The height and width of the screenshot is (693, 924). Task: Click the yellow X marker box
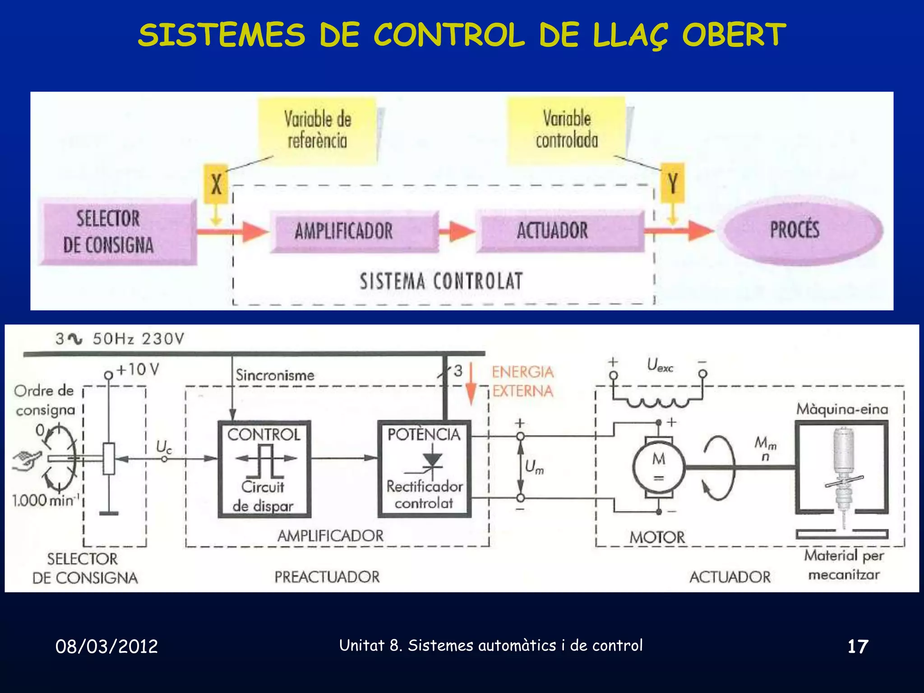216,184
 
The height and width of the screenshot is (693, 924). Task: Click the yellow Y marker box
672,183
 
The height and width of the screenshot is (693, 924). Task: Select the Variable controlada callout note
567,130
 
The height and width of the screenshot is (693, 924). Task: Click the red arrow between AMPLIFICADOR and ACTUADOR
457,231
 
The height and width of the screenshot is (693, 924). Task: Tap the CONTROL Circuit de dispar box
264,469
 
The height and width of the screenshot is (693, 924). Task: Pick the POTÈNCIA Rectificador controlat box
424,469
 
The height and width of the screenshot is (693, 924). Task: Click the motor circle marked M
659,467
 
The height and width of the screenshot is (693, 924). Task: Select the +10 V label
138,370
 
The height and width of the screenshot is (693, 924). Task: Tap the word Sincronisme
275,375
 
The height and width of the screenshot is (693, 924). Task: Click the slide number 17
858,647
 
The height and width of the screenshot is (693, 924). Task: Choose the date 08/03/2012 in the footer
106,647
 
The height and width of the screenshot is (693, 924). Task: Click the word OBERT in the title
734,35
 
